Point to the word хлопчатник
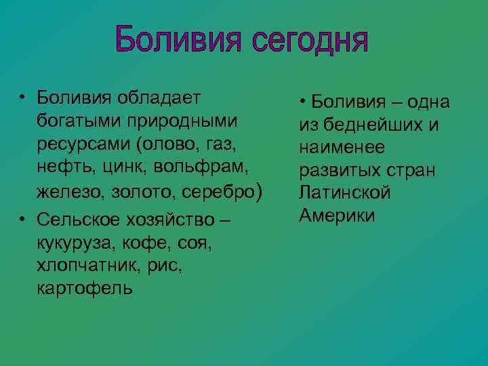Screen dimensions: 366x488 [78, 266]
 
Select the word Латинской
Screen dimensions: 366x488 [345, 192]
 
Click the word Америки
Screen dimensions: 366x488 [337, 216]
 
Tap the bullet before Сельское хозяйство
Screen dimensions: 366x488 [22, 219]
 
